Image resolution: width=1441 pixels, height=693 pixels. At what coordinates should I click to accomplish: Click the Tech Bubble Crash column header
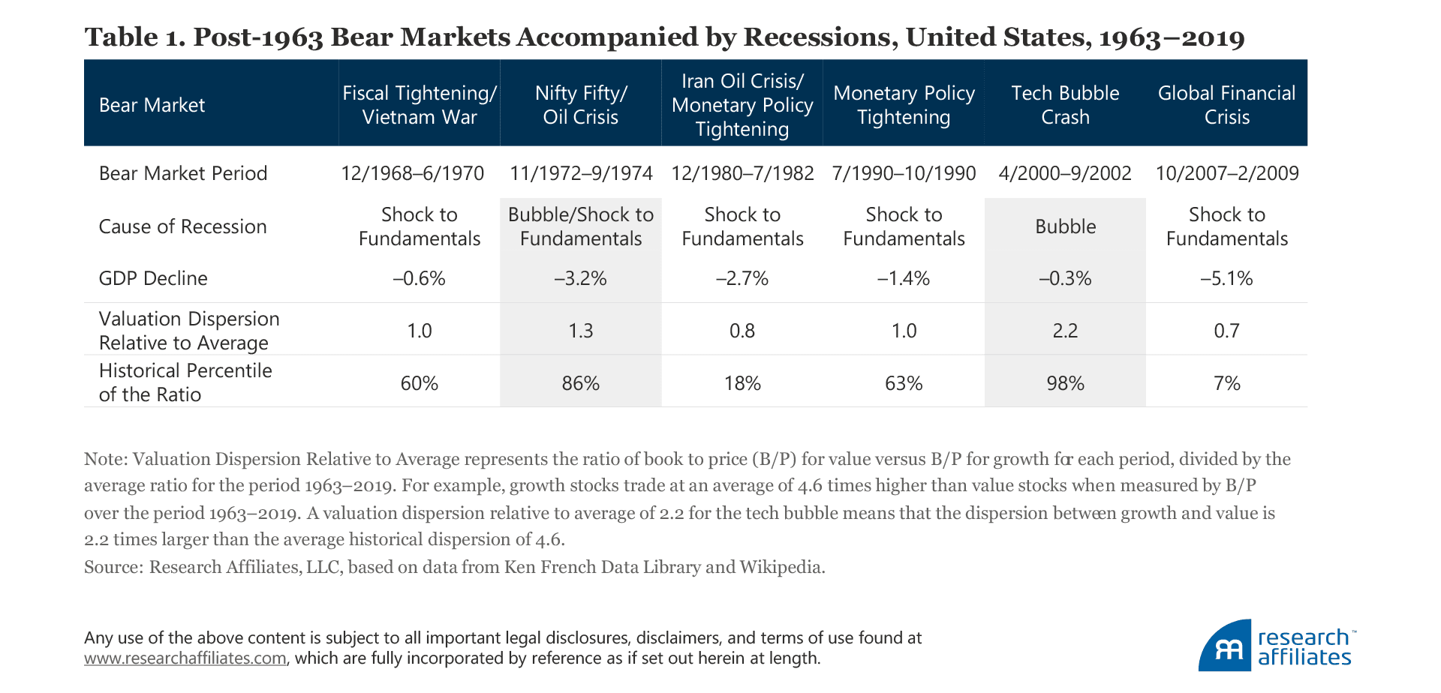tap(1065, 105)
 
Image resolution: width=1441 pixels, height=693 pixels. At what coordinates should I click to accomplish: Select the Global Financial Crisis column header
tap(1226, 105)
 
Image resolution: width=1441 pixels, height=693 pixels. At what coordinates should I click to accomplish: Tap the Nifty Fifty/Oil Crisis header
tap(581, 105)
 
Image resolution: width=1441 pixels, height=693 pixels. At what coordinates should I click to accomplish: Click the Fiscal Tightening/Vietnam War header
tap(420, 105)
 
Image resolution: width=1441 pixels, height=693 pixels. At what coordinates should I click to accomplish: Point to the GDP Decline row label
tap(153, 278)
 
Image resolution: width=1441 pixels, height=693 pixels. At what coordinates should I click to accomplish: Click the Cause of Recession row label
tap(182, 226)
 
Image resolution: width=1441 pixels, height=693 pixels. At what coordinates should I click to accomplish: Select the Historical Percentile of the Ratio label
tap(185, 382)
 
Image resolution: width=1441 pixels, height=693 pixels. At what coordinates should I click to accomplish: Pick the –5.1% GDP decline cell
tap(1226, 279)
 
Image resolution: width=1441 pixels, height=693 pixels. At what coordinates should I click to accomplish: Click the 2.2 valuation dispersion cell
tap(1065, 331)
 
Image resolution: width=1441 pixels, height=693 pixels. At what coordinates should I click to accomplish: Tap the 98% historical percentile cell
tap(1065, 383)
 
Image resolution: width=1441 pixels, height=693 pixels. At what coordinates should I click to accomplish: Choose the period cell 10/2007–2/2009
tap(1226, 173)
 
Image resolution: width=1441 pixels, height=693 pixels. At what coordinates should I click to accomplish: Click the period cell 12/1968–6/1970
tap(413, 173)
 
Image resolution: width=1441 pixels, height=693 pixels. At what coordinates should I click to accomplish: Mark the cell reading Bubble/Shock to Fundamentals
tap(581, 226)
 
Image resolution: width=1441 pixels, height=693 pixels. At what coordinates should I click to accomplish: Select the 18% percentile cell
tap(742, 383)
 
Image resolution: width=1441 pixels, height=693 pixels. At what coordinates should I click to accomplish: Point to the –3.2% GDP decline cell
tap(581, 279)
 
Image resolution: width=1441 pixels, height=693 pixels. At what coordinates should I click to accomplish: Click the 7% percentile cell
tap(1226, 383)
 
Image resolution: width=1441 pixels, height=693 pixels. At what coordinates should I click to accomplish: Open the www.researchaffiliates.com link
tap(185, 658)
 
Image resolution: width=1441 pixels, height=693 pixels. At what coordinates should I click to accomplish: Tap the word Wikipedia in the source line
tap(781, 567)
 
